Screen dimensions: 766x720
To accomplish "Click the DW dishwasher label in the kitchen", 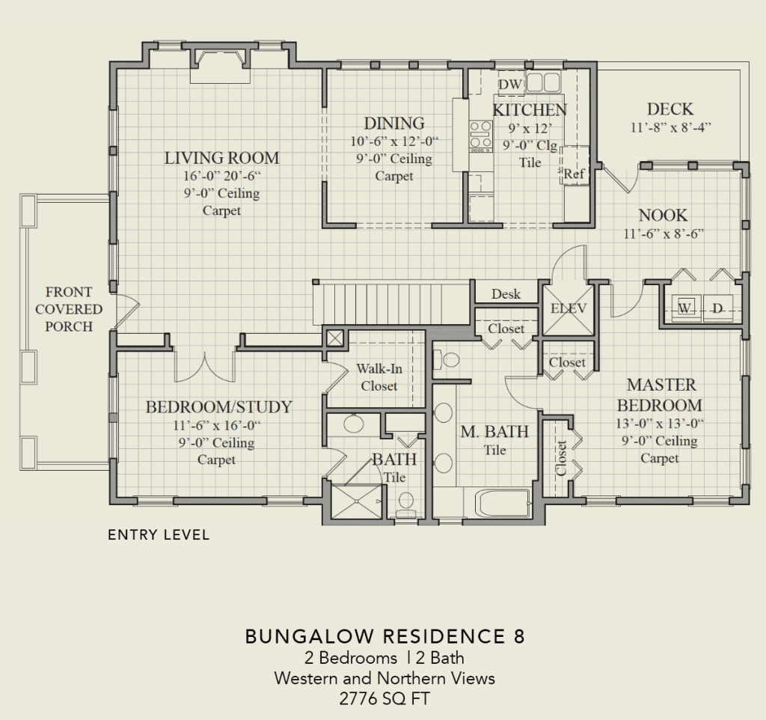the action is pyautogui.click(x=510, y=85).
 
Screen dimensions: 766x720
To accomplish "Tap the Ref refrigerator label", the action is pyautogui.click(x=574, y=174).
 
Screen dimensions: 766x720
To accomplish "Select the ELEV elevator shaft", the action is pyautogui.click(x=569, y=309).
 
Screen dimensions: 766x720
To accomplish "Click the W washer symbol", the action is pyautogui.click(x=686, y=308).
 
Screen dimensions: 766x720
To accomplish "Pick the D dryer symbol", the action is pyautogui.click(x=717, y=308).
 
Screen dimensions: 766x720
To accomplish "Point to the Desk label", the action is pyautogui.click(x=506, y=294).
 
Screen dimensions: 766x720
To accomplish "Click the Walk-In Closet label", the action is pyautogui.click(x=379, y=377).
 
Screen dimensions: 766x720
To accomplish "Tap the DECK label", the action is pyautogui.click(x=670, y=109).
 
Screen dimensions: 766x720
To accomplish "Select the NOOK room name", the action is pyautogui.click(x=663, y=215).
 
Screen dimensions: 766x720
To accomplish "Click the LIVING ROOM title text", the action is pyautogui.click(x=221, y=158).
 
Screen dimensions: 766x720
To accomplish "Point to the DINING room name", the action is pyautogui.click(x=394, y=123).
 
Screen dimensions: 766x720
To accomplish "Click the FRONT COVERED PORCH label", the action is pyautogui.click(x=69, y=309).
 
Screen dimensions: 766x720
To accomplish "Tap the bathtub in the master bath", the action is pyautogui.click(x=503, y=504).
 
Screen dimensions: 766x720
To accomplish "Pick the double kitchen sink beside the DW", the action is pyautogui.click(x=543, y=82).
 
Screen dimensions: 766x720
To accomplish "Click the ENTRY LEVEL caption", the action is pyautogui.click(x=159, y=534).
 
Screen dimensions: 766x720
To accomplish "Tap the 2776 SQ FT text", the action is pyautogui.click(x=384, y=698).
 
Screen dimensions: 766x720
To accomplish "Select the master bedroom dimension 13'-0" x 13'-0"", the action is pyautogui.click(x=660, y=423).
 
